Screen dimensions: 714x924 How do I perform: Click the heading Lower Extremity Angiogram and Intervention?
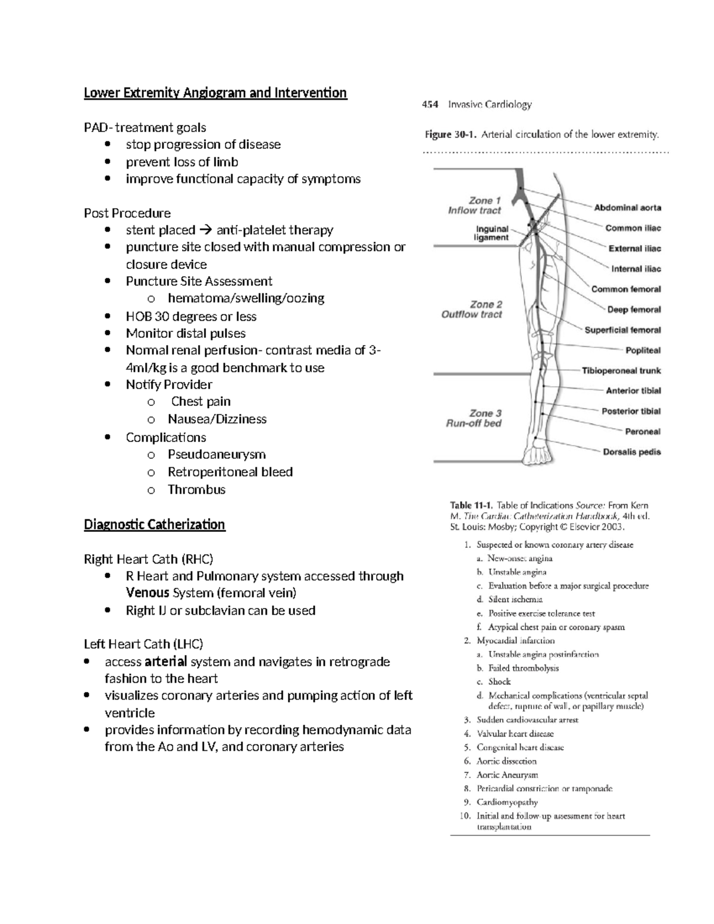[x=215, y=93]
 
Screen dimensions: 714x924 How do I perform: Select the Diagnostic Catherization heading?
[x=154, y=524]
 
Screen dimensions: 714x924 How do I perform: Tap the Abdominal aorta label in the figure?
[x=627, y=208]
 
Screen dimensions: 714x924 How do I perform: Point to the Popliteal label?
[x=643, y=350]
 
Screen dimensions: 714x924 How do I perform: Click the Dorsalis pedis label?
[x=631, y=452]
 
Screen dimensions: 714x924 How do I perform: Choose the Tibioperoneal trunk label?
[x=621, y=371]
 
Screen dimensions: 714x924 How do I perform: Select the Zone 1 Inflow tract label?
[x=475, y=205]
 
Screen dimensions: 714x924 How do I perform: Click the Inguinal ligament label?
[x=491, y=233]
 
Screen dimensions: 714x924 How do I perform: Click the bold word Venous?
[x=148, y=593]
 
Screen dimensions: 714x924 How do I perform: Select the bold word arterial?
[x=166, y=662]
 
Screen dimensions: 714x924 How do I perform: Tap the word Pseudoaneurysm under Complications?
[x=217, y=455]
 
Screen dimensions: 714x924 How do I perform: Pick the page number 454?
[x=430, y=105]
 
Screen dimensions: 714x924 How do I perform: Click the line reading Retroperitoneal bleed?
[x=230, y=472]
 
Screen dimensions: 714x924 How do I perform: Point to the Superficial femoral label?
[x=622, y=330]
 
